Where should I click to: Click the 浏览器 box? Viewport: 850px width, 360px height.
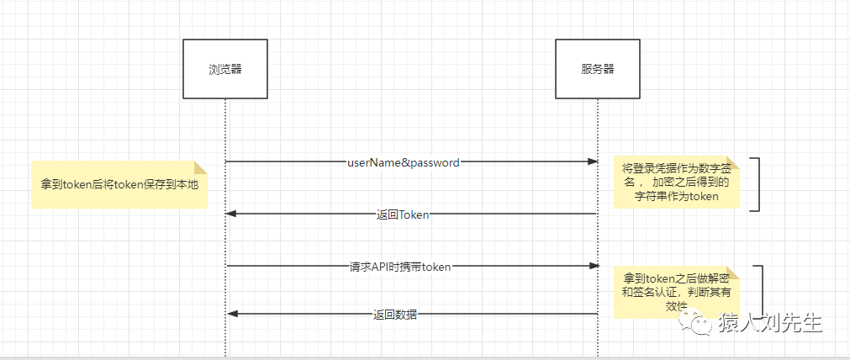225,69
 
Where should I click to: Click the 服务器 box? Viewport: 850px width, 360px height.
597,69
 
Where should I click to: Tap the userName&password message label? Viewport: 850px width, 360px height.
403,162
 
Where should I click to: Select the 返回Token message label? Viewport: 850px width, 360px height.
403,214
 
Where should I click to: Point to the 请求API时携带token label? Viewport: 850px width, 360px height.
400,267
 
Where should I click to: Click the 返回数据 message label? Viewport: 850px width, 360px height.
395,315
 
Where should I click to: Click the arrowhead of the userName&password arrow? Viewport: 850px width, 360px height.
591,161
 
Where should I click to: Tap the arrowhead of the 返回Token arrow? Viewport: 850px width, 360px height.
232,214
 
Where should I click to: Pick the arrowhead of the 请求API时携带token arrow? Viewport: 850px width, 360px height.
591,266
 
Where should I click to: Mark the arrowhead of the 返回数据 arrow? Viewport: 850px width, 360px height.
232,314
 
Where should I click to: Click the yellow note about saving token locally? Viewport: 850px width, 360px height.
119,183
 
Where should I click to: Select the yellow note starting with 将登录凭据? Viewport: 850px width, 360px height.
676,181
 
